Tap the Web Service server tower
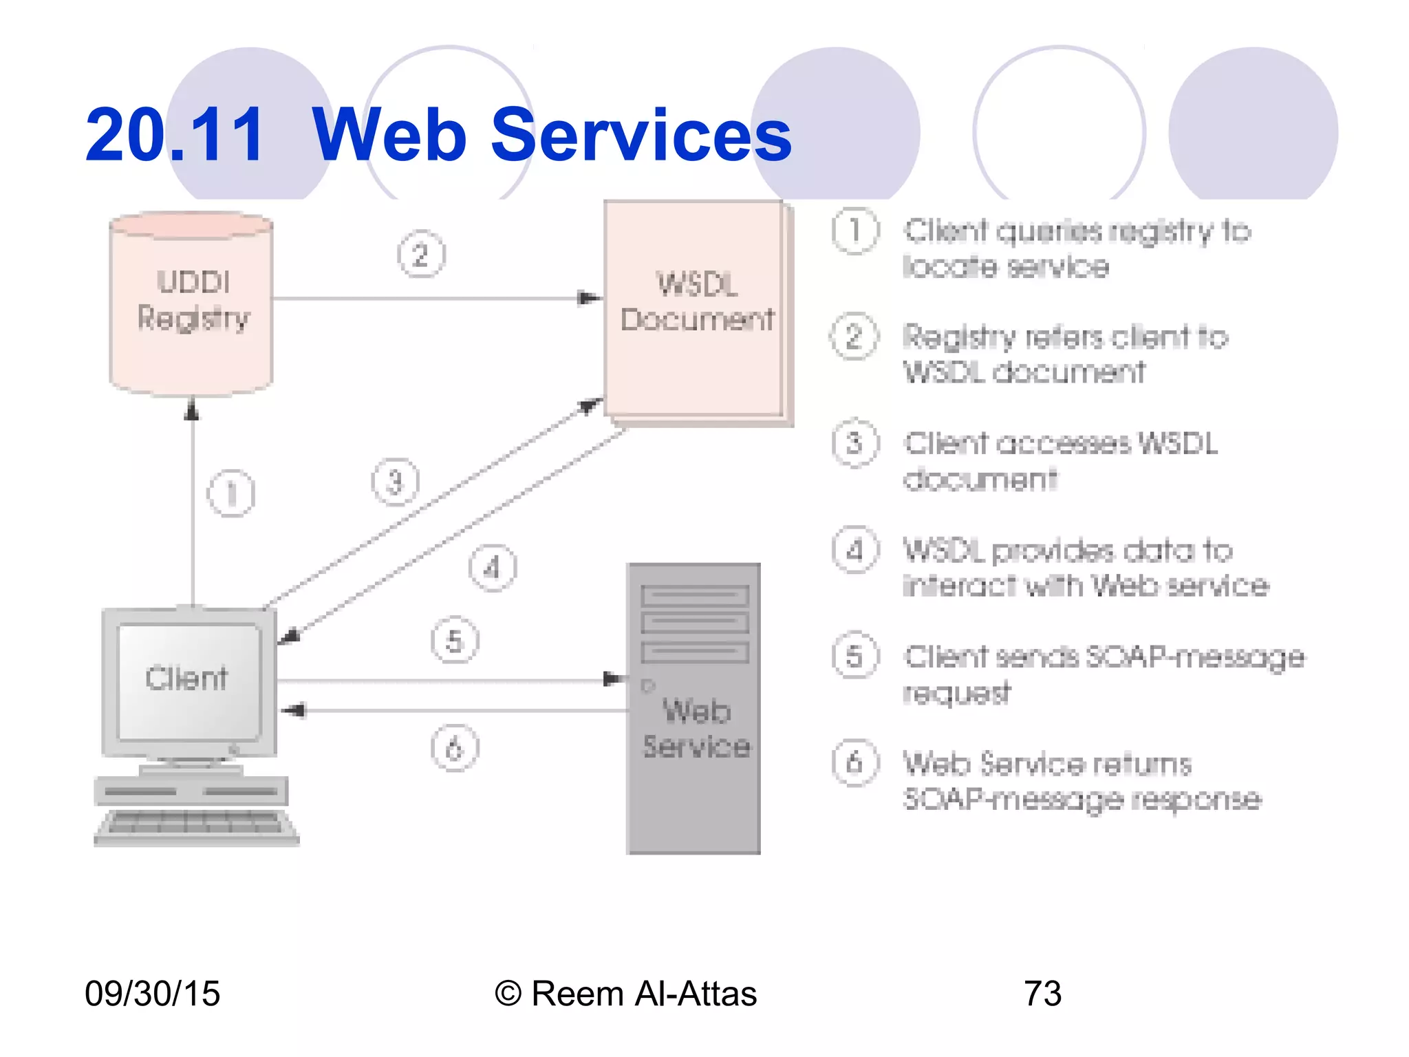tap(693, 709)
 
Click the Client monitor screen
tap(188, 680)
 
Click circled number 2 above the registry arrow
tap(421, 255)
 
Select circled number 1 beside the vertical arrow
tap(231, 493)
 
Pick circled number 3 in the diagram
tap(395, 482)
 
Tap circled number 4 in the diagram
tap(493, 568)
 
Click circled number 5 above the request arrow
tap(455, 641)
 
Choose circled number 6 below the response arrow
tap(455, 748)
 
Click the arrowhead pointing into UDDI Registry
tap(193, 409)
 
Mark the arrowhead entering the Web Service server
tap(614, 679)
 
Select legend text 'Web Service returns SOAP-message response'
tap(1082, 782)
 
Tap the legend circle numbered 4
tap(855, 551)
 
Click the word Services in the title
tap(641, 136)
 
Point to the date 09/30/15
tap(152, 994)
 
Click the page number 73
tap(1042, 994)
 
